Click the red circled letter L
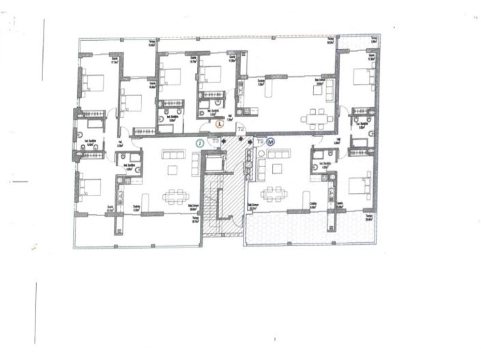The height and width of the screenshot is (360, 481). pyautogui.click(x=219, y=124)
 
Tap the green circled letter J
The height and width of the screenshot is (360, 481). pyautogui.click(x=200, y=143)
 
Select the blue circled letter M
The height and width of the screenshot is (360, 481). pyautogui.click(x=271, y=142)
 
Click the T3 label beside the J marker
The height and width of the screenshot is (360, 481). pyautogui.click(x=216, y=141)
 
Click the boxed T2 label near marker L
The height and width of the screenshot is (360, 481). pyautogui.click(x=239, y=127)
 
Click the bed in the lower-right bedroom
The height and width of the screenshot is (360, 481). pyautogui.click(x=358, y=185)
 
